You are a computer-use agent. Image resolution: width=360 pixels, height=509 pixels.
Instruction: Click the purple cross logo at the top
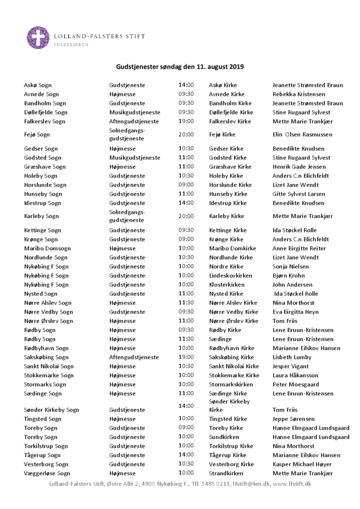point(39,38)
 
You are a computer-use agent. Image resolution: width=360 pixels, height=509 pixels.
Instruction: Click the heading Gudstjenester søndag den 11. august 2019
point(180,67)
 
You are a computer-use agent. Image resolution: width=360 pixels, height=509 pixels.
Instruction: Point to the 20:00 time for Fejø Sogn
point(186,134)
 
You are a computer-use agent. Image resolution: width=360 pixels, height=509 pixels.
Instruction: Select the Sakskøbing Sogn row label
point(48,357)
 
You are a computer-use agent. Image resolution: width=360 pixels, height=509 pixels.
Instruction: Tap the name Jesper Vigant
point(291,366)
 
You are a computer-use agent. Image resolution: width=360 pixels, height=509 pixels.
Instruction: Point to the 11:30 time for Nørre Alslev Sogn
point(186,303)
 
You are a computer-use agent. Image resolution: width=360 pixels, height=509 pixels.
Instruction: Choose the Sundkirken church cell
point(224,437)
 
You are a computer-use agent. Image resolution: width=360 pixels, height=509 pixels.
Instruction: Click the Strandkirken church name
point(226,473)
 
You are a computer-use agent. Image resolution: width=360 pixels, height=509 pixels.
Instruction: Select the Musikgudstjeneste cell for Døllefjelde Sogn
point(134,113)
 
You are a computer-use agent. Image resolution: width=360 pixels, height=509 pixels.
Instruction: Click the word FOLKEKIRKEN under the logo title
point(71,45)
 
